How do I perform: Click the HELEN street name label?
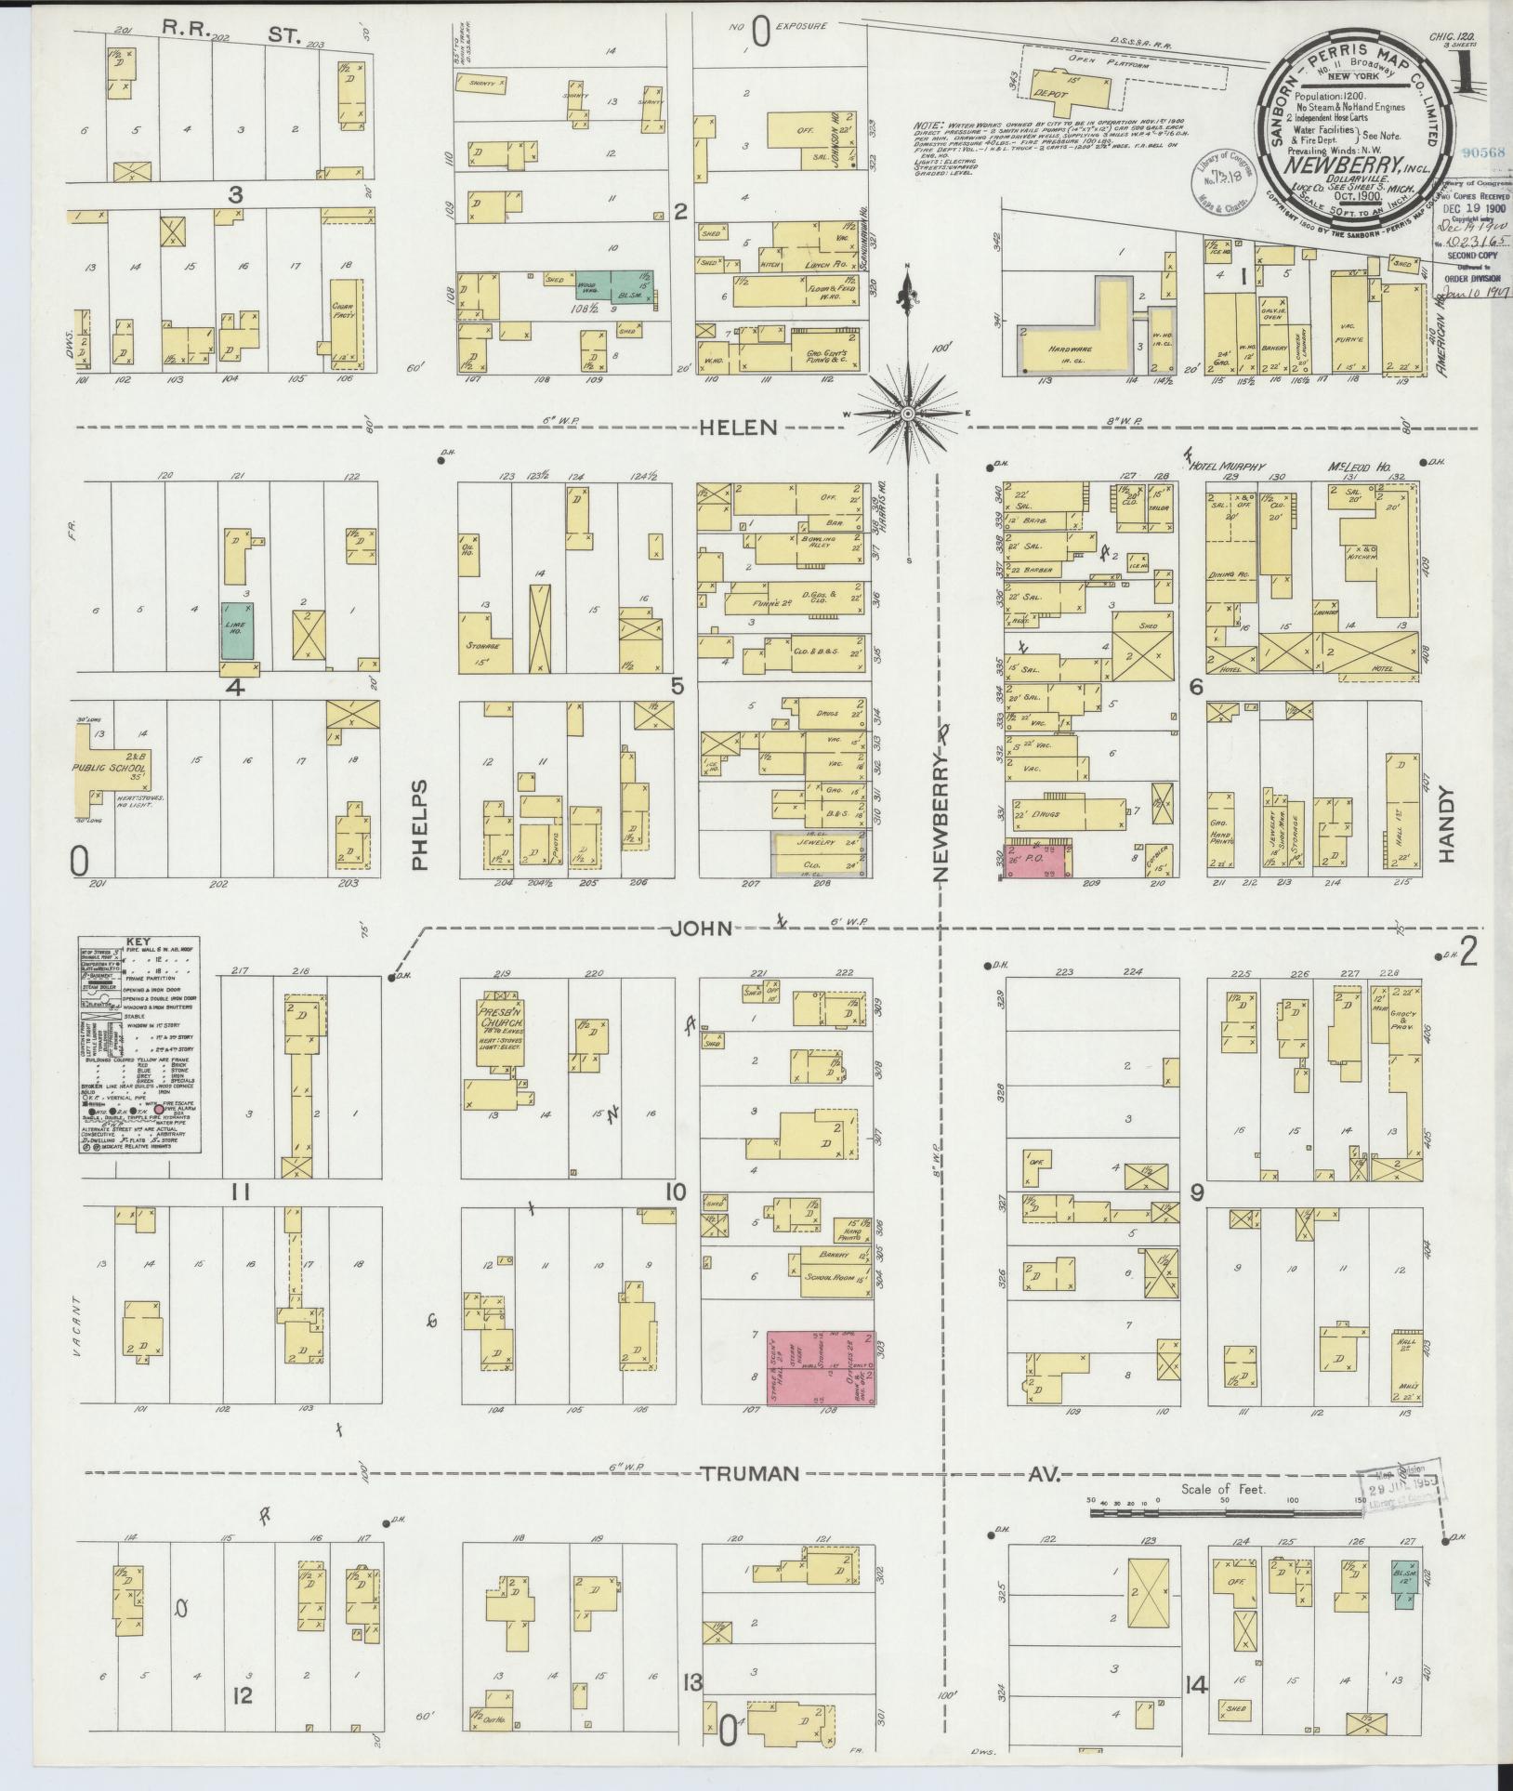(740, 428)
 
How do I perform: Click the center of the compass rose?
(905, 412)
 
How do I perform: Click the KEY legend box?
(140, 1045)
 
